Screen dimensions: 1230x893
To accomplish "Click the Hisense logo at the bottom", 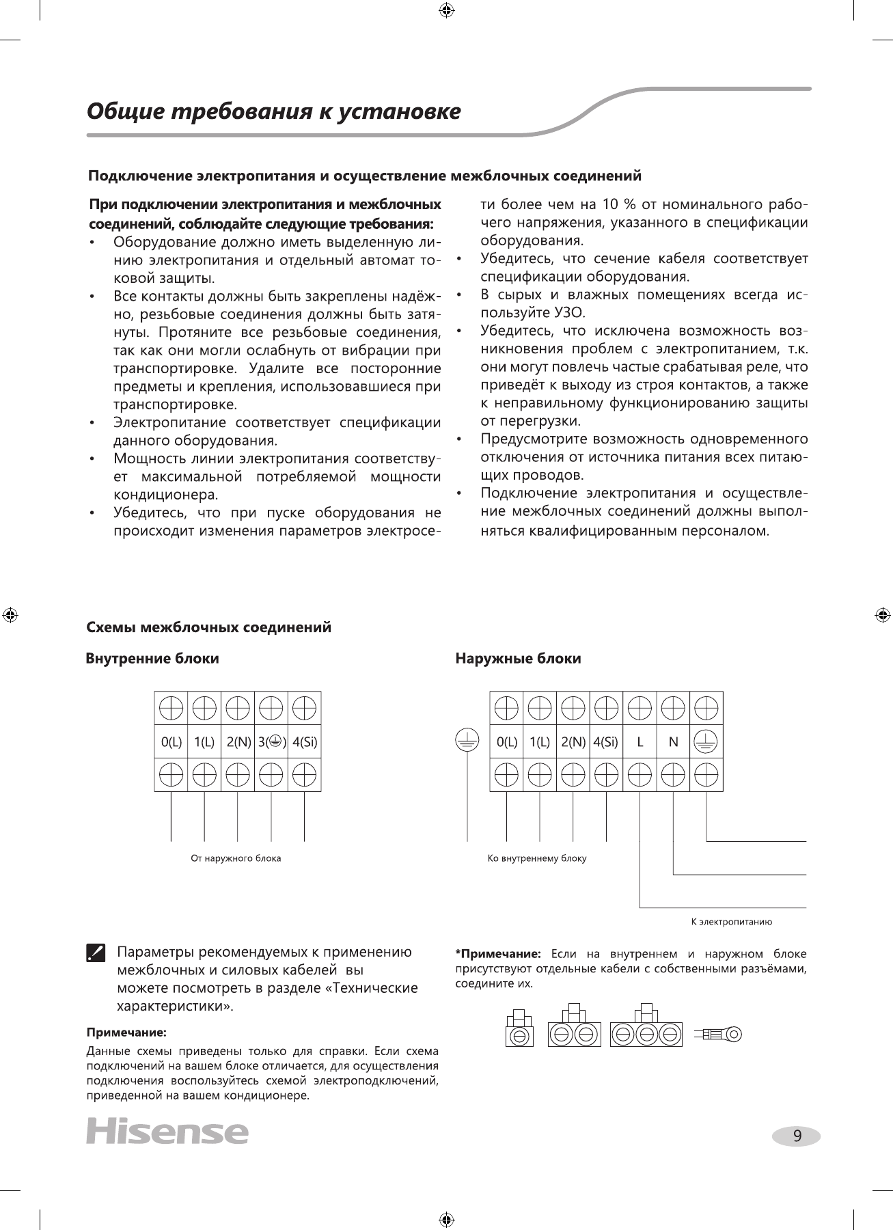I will pos(167,1132).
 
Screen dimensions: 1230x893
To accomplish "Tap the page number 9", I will pos(797,1136).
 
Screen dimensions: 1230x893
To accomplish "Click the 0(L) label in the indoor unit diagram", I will pos(171,742).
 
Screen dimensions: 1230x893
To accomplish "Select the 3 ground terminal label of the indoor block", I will pos(272,742).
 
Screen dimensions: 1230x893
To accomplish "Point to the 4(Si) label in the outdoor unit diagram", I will pos(606,742).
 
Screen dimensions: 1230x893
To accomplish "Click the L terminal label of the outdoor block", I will pos(640,742).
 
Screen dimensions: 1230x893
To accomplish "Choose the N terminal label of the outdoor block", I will pos(673,742).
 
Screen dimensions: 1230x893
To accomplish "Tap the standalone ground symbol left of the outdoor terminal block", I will pos(467,741).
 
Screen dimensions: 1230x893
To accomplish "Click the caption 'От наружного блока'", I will pos(236,858).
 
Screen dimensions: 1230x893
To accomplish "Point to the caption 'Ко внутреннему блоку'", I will pos(537,858).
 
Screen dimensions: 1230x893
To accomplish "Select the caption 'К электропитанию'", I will pos(732,922).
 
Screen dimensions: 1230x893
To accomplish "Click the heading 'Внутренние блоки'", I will pos(152,659).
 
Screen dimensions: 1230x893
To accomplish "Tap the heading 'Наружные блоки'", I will pos(518,659).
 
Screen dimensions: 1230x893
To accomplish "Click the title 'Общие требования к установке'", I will pos(274,111).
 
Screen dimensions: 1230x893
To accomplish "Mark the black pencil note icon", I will pos(96,953).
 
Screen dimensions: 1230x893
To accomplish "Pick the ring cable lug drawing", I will pos(718,1034).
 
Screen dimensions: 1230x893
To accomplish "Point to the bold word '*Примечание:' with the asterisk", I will pos(498,953).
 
